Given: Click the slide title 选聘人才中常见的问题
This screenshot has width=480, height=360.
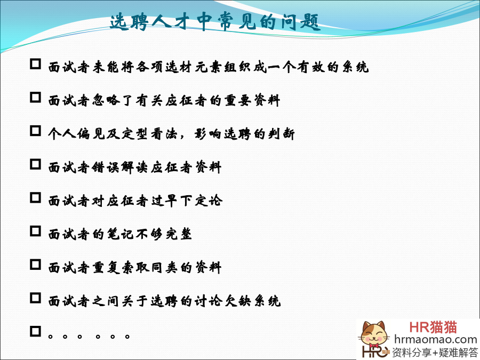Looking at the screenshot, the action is [x=215, y=22].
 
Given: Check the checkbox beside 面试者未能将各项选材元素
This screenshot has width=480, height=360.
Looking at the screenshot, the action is [x=36, y=64].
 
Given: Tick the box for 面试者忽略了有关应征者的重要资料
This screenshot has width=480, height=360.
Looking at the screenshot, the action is [x=36, y=98].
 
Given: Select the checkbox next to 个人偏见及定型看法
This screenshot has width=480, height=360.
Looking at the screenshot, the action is [x=36, y=131].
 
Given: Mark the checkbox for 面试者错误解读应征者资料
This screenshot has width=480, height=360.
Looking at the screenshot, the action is [x=36, y=164].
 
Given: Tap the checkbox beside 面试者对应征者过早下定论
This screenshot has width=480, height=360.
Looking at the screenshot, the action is [x=36, y=198].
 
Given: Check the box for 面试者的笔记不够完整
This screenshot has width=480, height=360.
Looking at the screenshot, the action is [x=36, y=231].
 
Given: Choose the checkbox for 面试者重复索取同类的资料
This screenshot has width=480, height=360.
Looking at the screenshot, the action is [x=36, y=265].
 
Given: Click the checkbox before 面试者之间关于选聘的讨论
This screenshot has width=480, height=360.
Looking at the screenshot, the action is [x=36, y=298].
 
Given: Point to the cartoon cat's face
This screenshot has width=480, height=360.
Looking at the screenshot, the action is [x=373, y=336].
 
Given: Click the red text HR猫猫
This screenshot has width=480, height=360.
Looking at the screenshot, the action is [x=433, y=327].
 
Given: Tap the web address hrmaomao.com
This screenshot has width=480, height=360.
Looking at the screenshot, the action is [x=436, y=340].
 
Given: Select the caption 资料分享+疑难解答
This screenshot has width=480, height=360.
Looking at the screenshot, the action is [x=435, y=352].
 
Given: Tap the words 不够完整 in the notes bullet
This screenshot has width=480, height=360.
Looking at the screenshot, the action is [x=164, y=234].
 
